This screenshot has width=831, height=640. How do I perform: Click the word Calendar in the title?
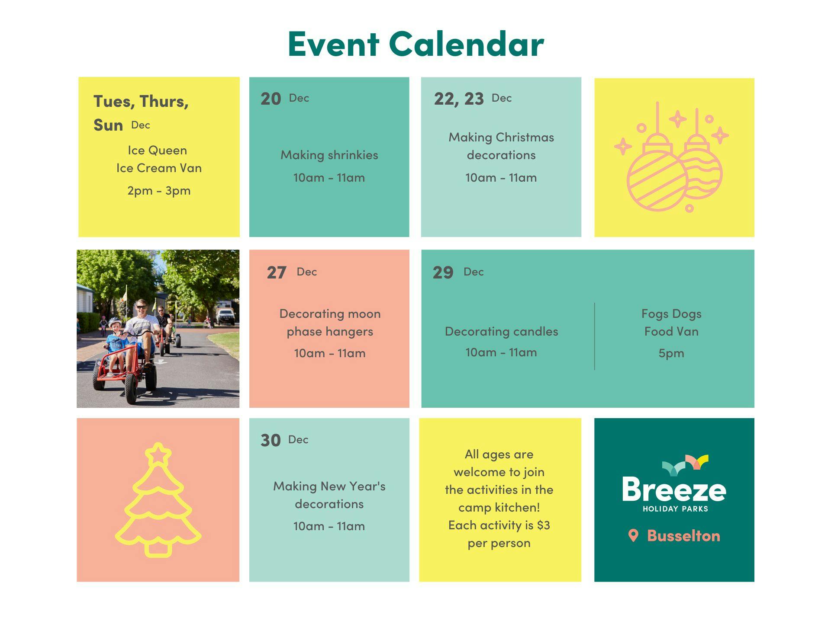(466, 44)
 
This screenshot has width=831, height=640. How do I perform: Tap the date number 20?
(271, 99)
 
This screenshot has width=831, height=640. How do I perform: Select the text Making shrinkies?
(329, 155)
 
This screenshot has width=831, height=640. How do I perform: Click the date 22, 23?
(459, 99)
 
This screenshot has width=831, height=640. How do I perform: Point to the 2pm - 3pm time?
(159, 191)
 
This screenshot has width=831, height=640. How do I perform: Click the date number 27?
(277, 273)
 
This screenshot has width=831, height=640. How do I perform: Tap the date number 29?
(443, 272)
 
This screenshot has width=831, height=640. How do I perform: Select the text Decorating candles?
(501, 331)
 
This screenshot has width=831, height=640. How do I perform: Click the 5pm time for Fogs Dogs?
(671, 353)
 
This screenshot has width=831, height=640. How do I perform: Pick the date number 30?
(271, 440)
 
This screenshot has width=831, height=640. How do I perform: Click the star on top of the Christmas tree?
(158, 454)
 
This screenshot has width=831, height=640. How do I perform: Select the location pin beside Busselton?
(633, 535)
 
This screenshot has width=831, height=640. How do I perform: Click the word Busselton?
(683, 536)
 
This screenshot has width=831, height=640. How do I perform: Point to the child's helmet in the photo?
(115, 322)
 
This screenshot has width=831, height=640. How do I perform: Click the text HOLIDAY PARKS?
(675, 509)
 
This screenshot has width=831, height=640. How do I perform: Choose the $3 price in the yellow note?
(543, 525)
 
